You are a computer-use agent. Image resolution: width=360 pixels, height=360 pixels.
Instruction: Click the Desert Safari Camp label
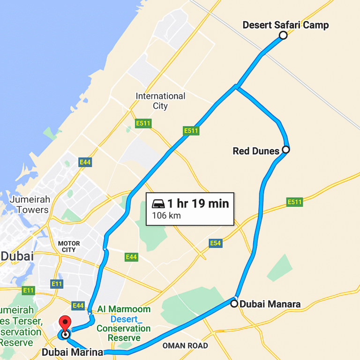285,25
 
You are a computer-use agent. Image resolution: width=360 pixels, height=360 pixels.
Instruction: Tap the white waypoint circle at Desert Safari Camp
283,35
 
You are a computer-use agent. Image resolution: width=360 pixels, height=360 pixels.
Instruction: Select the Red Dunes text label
256,151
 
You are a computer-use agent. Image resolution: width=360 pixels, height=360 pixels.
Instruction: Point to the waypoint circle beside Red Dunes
286,150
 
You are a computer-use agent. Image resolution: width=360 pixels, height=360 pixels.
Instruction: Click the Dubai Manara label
270,304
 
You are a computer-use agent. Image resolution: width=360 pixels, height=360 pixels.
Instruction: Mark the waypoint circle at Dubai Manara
234,304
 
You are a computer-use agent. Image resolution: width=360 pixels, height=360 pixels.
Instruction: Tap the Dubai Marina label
72,352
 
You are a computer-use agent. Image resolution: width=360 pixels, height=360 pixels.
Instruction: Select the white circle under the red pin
66,335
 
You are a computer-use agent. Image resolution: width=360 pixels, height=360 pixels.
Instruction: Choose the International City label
160,101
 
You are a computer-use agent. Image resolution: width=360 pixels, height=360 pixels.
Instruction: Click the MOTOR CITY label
68,247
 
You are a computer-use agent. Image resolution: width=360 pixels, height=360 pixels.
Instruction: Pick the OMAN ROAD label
185,346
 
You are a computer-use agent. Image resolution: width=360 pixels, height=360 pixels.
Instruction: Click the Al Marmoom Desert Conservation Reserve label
124,323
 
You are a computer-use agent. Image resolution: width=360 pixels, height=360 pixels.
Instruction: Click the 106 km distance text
166,216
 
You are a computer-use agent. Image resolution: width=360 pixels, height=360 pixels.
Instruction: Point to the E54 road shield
216,243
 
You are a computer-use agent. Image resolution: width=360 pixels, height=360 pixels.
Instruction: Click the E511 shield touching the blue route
191,131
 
